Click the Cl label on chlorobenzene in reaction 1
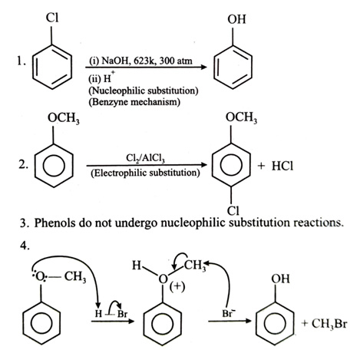tap(52, 18)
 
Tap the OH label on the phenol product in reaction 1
tap(236, 19)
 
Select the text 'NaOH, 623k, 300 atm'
tap(147, 61)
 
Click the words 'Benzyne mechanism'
tap(134, 102)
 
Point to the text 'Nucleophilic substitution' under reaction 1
tap(144, 91)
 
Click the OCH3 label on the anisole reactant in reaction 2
tap(64, 118)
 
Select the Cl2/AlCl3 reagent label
tap(146, 158)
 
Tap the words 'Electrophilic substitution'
tap(145, 173)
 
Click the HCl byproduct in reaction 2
tap(282, 166)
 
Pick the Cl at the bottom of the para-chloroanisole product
tap(233, 210)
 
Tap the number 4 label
tap(25, 246)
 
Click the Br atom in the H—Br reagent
tap(122, 313)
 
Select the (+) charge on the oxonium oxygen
tap(177, 287)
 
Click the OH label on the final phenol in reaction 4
tap(281, 279)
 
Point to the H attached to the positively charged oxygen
tap(137, 266)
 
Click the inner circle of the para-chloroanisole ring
tap(231, 164)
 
